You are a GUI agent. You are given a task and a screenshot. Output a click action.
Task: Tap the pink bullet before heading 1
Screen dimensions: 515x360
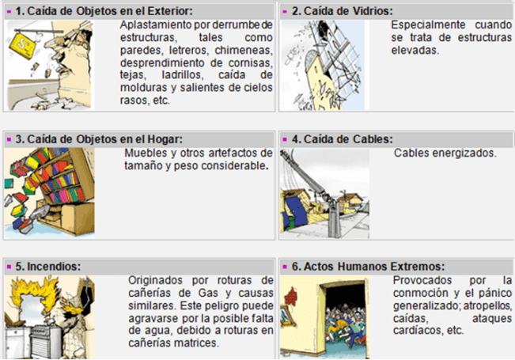(9, 12)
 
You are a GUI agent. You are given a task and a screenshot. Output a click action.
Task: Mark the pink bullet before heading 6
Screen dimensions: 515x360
(285, 267)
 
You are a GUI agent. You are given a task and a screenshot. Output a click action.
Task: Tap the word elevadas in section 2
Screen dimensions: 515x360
(415, 51)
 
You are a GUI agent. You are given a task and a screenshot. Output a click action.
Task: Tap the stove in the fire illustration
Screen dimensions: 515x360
(45, 342)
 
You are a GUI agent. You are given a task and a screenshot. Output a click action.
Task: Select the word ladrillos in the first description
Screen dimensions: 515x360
(183, 75)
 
